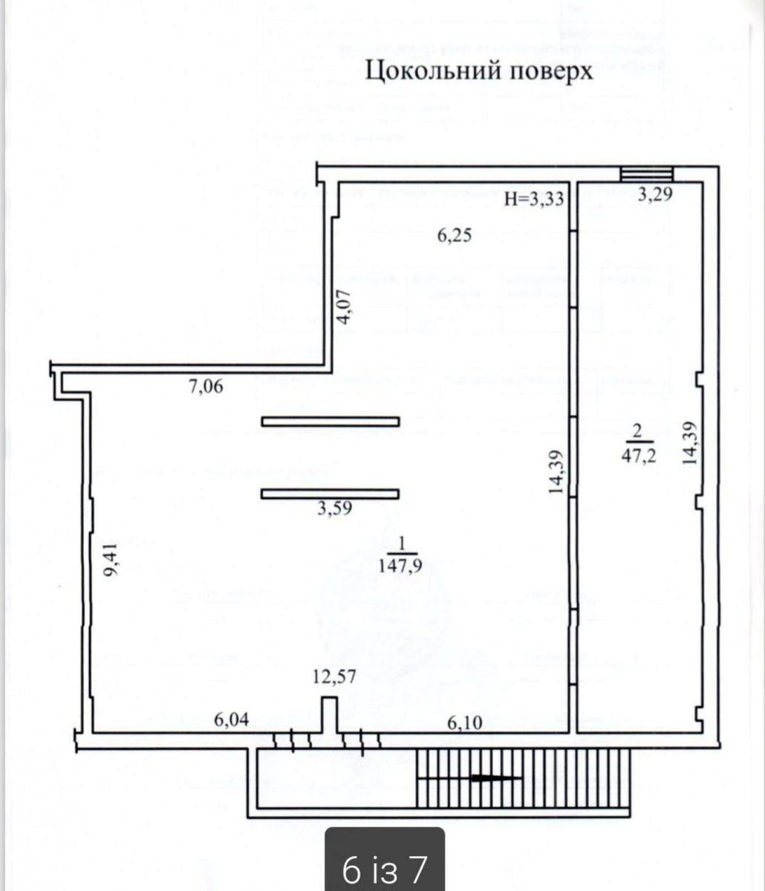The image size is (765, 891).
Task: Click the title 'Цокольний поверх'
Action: tap(481, 71)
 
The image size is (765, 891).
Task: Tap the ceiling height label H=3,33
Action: tap(534, 199)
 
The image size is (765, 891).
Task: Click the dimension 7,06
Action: tap(206, 385)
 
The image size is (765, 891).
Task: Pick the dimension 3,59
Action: tap(334, 509)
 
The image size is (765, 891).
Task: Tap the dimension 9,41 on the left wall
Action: tap(111, 559)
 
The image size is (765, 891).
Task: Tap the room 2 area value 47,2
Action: tap(638, 456)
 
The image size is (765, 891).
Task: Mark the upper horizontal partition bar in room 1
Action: tap(331, 422)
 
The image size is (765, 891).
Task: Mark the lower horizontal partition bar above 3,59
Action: tap(331, 493)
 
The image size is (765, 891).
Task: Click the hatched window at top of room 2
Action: tap(647, 174)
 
